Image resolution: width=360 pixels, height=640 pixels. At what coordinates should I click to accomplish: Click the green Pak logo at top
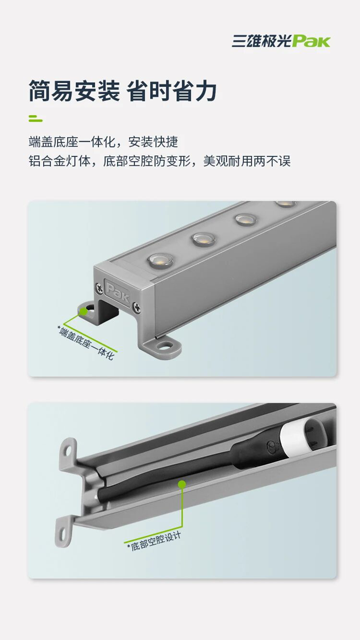click(311, 41)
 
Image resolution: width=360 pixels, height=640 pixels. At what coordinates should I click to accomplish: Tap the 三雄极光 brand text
click(262, 41)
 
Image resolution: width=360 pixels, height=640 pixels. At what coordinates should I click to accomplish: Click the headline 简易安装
click(75, 91)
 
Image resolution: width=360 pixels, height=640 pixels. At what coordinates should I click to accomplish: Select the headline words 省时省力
click(171, 91)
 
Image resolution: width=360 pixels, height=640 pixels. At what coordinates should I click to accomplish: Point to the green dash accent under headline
click(35, 119)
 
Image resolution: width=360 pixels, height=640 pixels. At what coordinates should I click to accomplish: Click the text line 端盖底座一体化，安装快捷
click(103, 142)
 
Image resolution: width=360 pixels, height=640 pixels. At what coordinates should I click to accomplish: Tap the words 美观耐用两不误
click(247, 161)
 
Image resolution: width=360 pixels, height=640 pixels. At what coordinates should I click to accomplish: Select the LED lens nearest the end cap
click(160, 260)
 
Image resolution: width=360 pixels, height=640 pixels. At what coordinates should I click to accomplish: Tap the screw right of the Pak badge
click(137, 307)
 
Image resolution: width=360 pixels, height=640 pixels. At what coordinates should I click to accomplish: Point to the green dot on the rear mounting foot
click(83, 311)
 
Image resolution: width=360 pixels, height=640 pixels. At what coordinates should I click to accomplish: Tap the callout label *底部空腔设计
click(154, 542)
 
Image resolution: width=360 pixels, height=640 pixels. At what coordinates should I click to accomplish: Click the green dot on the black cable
click(182, 484)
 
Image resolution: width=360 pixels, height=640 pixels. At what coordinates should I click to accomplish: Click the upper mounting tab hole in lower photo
click(68, 451)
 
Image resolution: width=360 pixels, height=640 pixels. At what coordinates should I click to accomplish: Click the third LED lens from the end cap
click(246, 220)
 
